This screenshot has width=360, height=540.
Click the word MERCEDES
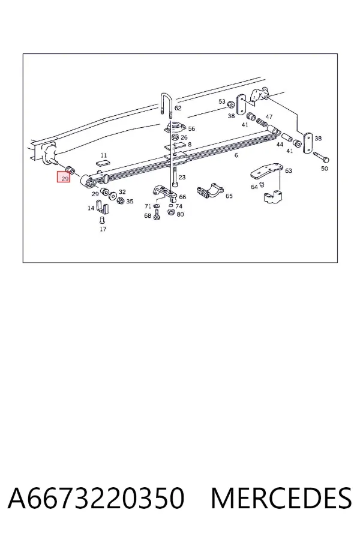coord(281,499)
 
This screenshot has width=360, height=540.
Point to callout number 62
coord(178,108)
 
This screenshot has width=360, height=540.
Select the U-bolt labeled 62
coord(165,104)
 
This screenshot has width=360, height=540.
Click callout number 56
coord(191,129)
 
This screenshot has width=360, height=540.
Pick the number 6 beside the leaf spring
coord(236,155)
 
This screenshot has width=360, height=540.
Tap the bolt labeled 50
coord(321,158)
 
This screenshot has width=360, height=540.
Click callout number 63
coord(289,170)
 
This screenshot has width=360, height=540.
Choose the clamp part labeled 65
coord(210,192)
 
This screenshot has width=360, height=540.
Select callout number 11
coord(104,155)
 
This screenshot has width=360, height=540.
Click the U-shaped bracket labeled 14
coord(102,206)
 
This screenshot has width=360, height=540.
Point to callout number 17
coord(103,229)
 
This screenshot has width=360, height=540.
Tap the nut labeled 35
coord(121,201)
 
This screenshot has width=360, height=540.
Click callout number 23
coord(182,178)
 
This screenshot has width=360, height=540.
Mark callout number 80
coord(180,214)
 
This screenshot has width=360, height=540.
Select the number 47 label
coord(269,117)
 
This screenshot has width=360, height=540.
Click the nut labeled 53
coord(232,104)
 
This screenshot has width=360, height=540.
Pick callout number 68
coord(148,216)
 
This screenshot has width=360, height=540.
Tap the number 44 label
coord(280,145)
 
